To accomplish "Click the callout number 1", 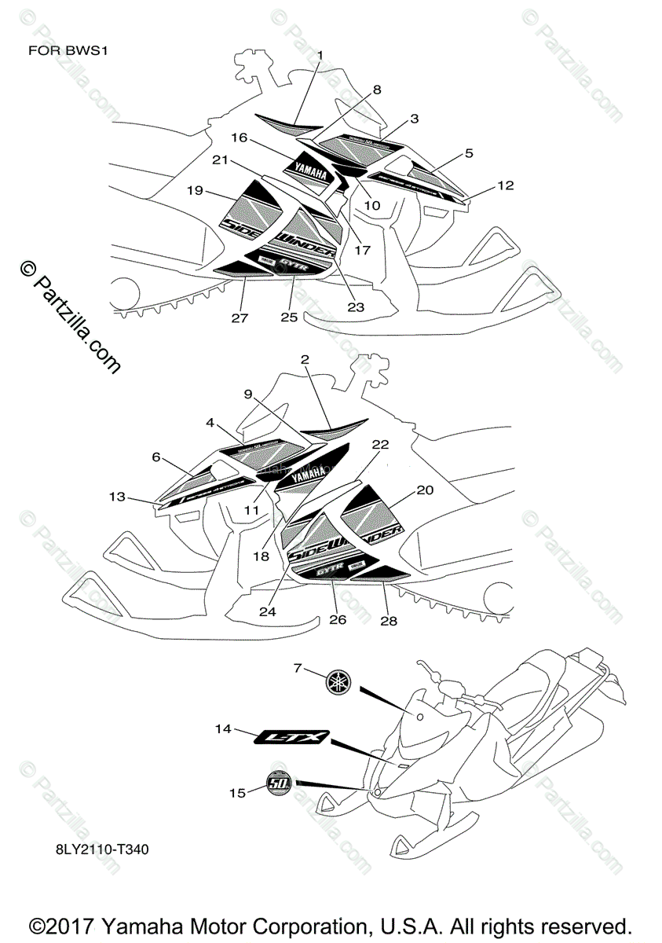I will tap(320, 53).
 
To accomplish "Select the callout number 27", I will tap(240, 317).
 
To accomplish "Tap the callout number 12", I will tap(506, 185).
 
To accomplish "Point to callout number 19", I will tap(196, 190).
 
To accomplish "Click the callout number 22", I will tap(380, 444).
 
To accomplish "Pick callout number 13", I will tap(117, 496).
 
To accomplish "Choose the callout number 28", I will tap(388, 621).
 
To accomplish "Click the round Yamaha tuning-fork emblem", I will tap(338, 682).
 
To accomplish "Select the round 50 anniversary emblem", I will tap(277, 783).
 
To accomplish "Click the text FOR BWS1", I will tap(67, 52).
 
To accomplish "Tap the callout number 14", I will tap(223, 729).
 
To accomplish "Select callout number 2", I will tap(305, 359).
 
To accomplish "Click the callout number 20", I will tap(424, 489).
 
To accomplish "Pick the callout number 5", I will tap(469, 153).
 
